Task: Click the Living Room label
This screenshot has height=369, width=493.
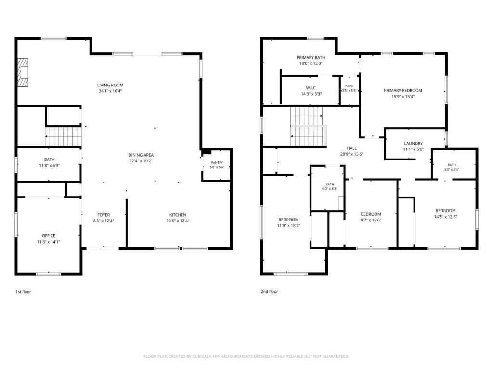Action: (110, 85)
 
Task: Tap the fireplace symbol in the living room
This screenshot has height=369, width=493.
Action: (23, 73)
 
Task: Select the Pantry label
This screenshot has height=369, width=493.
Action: (217, 162)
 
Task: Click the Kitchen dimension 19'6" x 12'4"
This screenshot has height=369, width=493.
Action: (178, 221)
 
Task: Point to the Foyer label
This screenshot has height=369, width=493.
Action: (104, 215)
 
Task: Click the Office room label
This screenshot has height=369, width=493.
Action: (49, 236)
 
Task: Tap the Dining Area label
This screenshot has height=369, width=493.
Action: (141, 155)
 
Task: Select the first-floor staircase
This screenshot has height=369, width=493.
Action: (63, 136)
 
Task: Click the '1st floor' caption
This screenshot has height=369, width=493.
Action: (23, 292)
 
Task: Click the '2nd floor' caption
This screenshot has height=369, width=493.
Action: (269, 291)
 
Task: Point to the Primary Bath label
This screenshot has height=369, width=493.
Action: (311, 58)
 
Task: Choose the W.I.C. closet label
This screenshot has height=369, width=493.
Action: (311, 88)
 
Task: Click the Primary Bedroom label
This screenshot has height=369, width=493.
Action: (403, 90)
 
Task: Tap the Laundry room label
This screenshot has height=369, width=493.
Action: (413, 143)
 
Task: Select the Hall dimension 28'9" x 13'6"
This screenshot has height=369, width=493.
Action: (352, 154)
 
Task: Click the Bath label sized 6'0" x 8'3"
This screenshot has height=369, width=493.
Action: (330, 184)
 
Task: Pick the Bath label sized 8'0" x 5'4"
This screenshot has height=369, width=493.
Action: (452, 165)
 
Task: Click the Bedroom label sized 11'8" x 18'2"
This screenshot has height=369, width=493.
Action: (288, 220)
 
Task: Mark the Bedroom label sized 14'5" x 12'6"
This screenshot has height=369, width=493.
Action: (445, 211)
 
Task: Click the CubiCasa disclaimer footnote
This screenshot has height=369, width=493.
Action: (246, 357)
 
